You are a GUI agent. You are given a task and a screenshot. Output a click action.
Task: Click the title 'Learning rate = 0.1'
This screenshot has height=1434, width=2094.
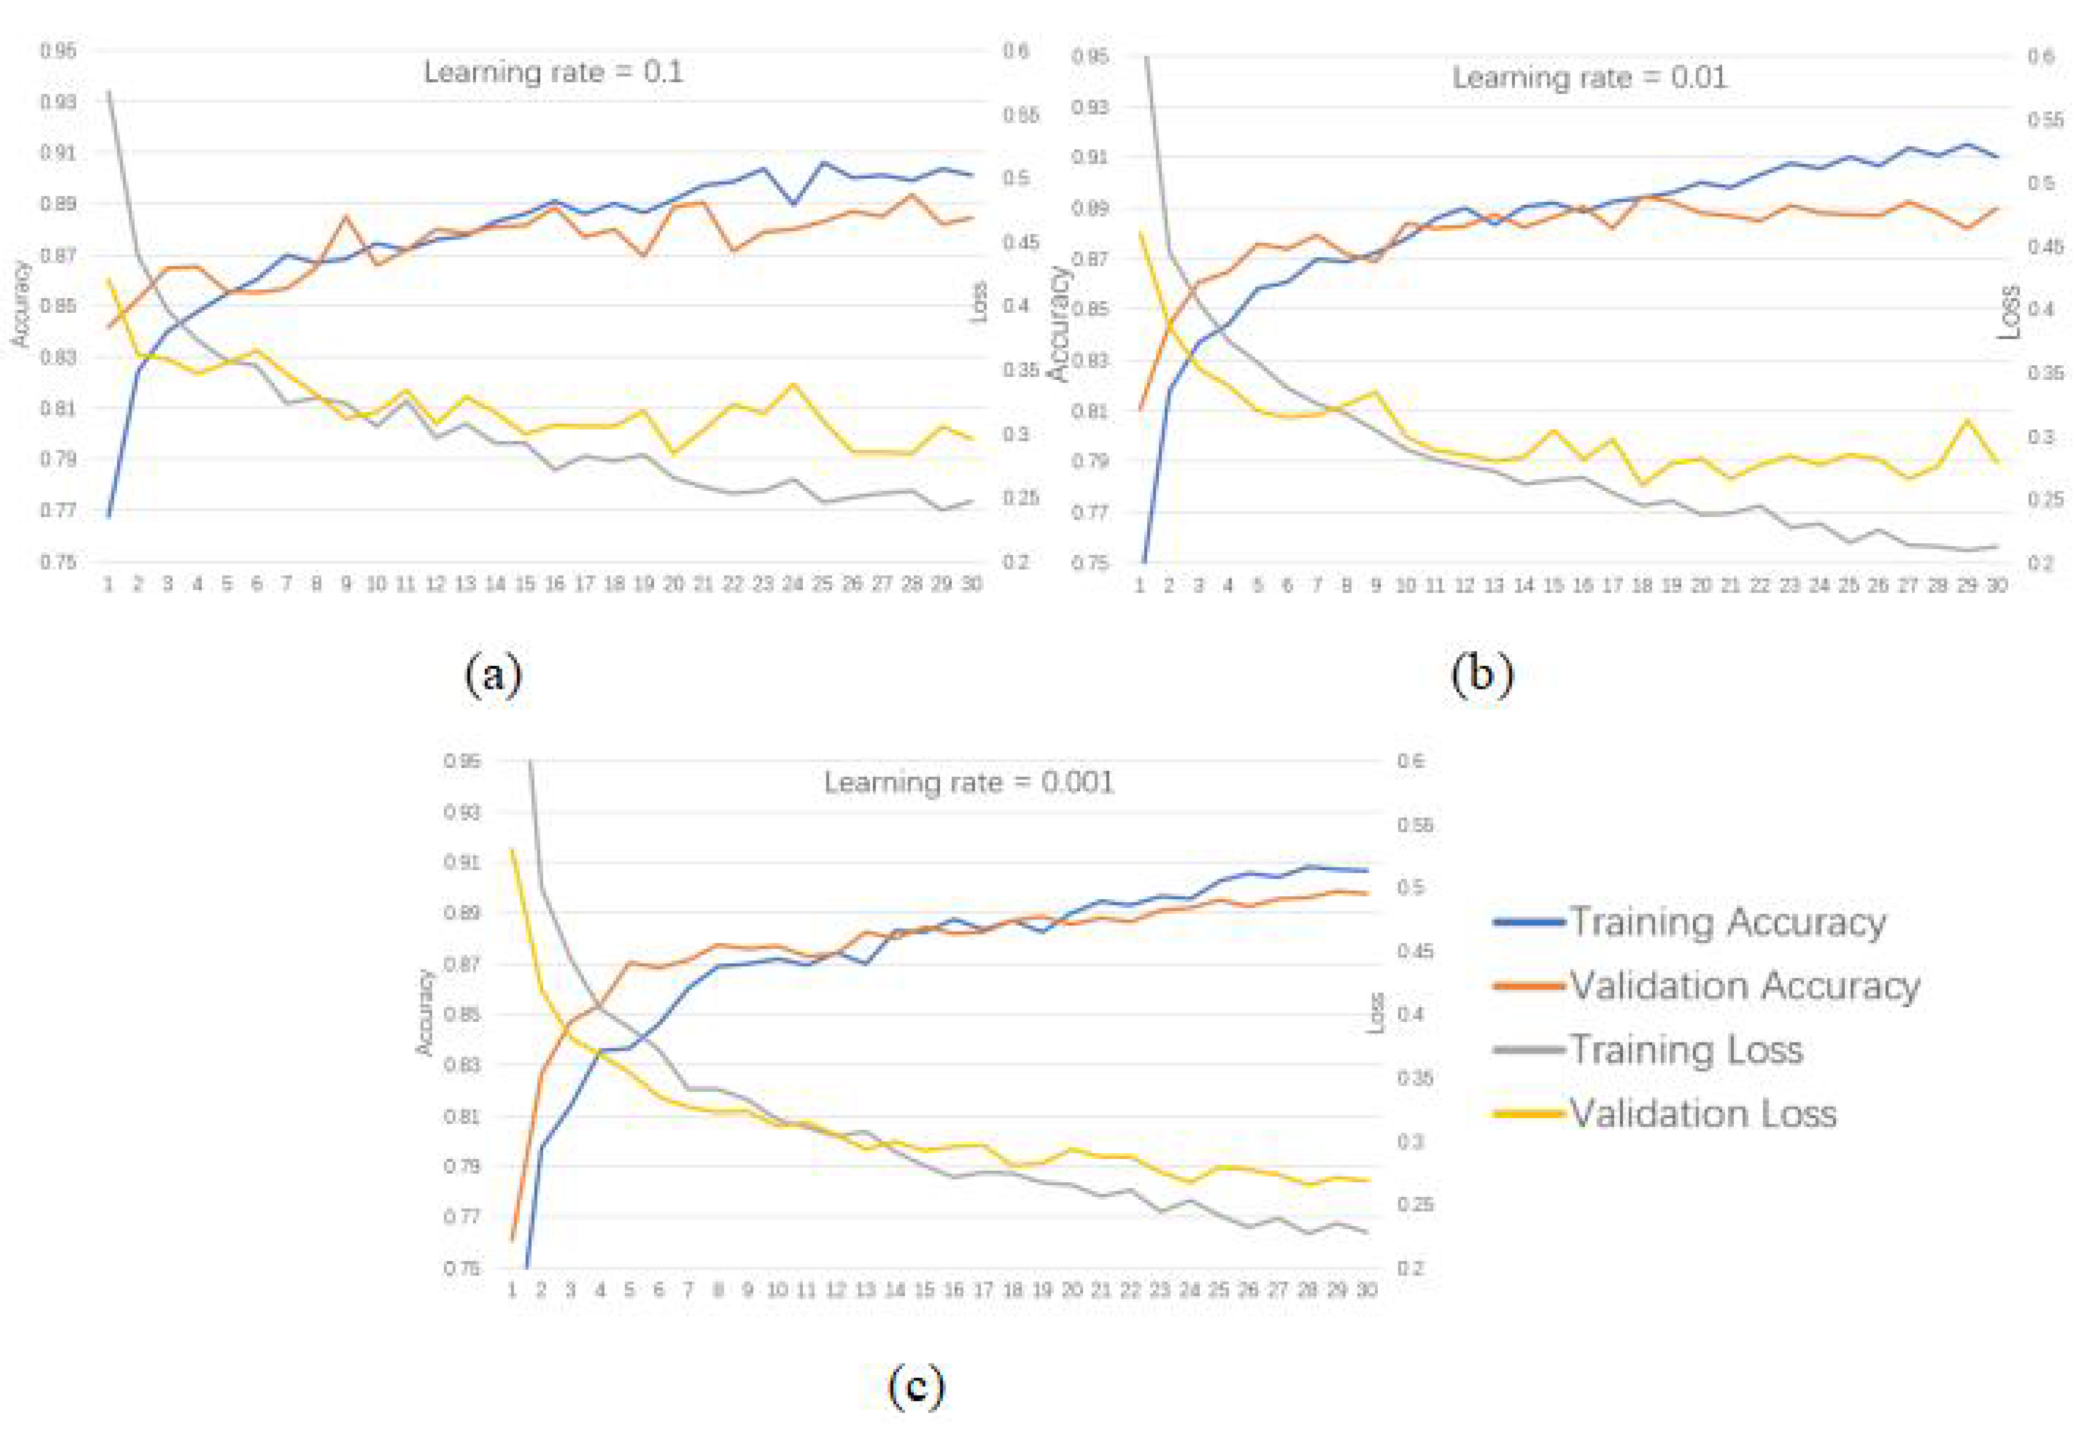pos(554,72)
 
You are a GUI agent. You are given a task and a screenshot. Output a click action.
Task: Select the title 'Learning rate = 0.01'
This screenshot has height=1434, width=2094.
pos(1589,77)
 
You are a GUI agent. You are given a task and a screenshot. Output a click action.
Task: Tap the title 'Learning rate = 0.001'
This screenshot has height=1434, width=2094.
pos(969,782)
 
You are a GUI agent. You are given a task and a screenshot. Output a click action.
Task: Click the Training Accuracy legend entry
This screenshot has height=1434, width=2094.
pos(1727,922)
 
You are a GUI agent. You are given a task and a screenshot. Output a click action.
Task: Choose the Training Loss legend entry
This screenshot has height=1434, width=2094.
pos(1686,1050)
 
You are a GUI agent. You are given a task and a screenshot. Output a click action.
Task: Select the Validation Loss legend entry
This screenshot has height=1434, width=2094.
pos(1703,1114)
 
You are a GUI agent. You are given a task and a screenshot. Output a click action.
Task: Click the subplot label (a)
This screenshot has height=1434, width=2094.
pos(493,674)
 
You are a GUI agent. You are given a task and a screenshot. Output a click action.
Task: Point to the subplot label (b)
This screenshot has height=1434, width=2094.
pos(1481,674)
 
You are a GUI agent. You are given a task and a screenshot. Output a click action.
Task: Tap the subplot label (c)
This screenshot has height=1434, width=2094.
pos(916,1386)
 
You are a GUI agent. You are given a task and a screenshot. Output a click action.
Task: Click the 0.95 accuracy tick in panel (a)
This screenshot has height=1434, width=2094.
pos(57,51)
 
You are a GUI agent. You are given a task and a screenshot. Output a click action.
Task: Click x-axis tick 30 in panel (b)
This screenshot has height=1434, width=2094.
pos(1996,586)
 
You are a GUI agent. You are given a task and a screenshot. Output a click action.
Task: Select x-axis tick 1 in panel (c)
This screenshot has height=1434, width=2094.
pos(512,1291)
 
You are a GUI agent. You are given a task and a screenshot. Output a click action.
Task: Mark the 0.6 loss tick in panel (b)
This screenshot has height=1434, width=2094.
pos(2041,57)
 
